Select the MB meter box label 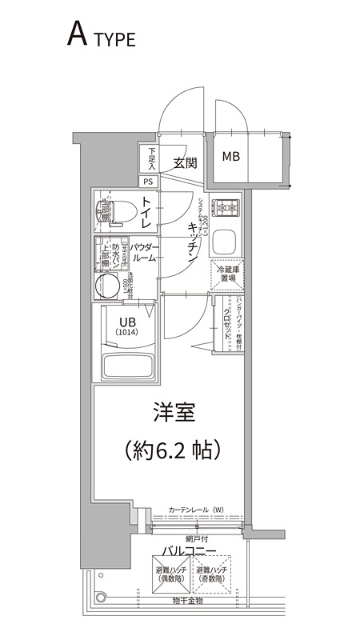click(x=230, y=156)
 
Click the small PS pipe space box click(x=150, y=181)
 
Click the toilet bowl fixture click(x=111, y=212)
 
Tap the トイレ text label click(x=147, y=212)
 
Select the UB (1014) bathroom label click(x=126, y=327)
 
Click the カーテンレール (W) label click(x=197, y=510)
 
